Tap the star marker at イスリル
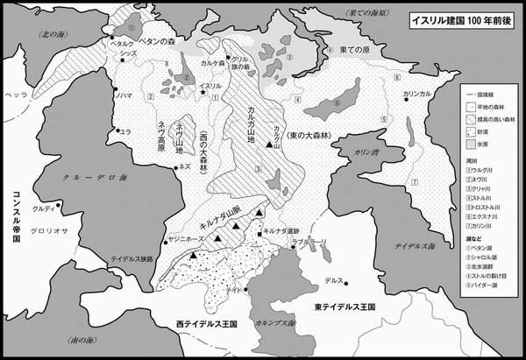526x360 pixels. (203, 93)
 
